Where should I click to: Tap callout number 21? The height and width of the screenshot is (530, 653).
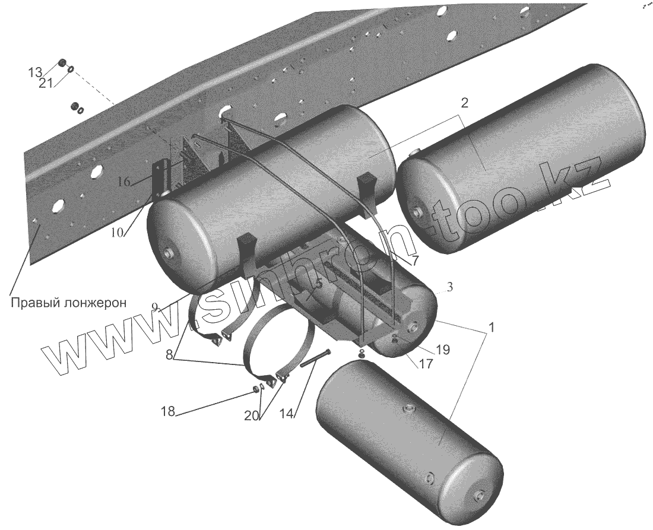coord(46,83)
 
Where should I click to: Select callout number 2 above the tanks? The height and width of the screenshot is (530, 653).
coord(464,103)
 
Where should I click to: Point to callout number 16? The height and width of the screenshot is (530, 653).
coord(123,182)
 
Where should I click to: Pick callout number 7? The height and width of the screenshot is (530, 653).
coord(414,261)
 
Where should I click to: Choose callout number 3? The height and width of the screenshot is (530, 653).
coord(449,287)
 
